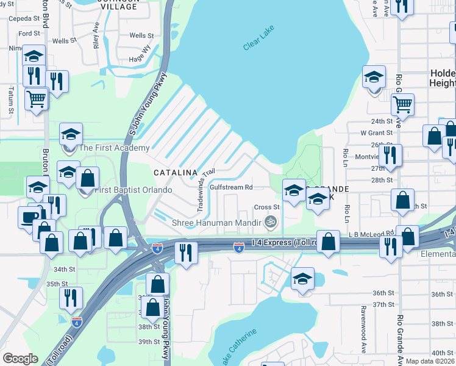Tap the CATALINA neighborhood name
click(176, 173)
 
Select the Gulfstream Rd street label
click(231, 187)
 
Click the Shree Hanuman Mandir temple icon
click(272, 223)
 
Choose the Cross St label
click(266, 207)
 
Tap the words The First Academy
click(114, 148)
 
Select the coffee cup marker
click(27, 218)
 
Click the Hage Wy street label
click(140, 53)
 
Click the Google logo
click(21, 359)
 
